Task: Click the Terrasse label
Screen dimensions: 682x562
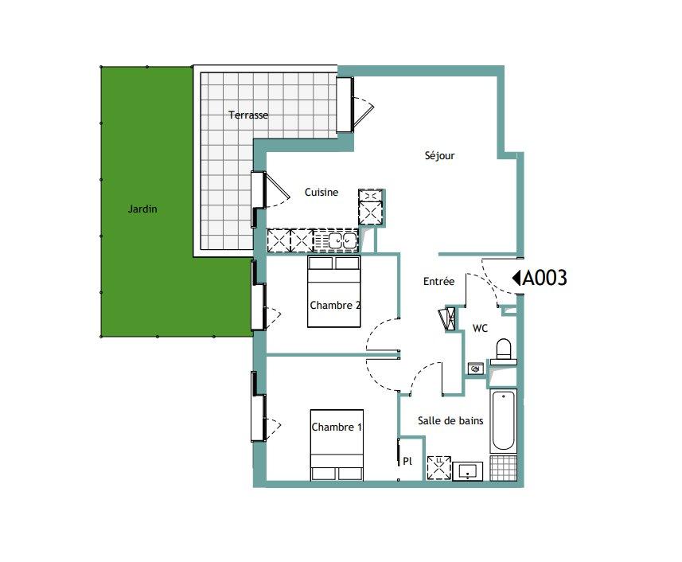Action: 248,115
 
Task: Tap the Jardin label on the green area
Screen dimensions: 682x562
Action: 142,209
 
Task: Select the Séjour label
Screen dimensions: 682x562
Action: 439,155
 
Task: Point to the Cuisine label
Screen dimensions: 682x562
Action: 321,193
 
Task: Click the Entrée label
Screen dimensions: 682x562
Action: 438,282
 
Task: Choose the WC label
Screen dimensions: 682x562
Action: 480,329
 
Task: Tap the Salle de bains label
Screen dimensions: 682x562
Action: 450,420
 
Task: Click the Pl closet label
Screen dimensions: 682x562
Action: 407,461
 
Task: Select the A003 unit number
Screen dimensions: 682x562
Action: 544,278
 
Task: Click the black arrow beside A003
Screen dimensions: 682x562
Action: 516,278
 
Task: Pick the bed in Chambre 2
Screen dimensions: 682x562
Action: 334,291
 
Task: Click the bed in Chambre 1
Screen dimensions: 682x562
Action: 337,445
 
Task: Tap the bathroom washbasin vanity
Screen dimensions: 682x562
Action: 468,471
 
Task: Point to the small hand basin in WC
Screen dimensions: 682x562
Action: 476,369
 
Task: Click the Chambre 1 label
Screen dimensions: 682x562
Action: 337,427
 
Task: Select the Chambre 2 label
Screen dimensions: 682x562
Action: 335,306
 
